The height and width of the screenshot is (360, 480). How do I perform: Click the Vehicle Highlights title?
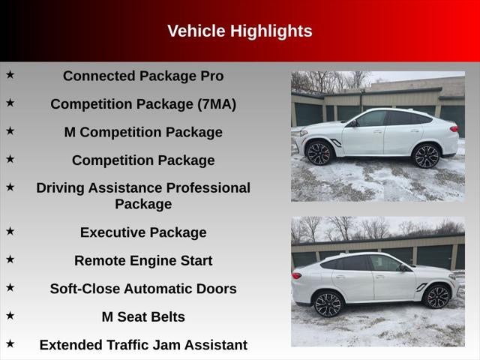coord(239,31)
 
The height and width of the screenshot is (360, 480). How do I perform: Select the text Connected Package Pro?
coord(143,76)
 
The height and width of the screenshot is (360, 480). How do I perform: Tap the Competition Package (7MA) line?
coord(143,104)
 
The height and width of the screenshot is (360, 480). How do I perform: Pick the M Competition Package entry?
coord(143,132)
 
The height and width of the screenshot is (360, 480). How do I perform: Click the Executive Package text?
coord(143,232)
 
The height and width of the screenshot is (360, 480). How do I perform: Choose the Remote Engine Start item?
coord(143,261)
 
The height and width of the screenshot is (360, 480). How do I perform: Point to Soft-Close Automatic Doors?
coord(143,289)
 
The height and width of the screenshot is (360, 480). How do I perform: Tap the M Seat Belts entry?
coord(143,316)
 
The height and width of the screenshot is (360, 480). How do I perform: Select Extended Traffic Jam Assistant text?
coord(143,345)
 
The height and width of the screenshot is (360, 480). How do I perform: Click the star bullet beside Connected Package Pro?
coord(10,74)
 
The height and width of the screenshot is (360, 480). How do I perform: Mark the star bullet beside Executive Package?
coord(10,231)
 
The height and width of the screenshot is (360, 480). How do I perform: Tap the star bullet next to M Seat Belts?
coord(10,315)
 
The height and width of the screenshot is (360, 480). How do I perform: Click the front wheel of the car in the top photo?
coord(318,153)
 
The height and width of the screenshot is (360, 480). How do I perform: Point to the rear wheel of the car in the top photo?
coord(426,156)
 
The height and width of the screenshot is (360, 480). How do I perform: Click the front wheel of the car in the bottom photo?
coord(437,296)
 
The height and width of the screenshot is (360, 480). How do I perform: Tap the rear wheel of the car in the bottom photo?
coord(328,304)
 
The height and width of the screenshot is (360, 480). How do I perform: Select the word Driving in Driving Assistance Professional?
coord(61,187)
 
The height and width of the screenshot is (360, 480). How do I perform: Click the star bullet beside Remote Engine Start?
coord(10,259)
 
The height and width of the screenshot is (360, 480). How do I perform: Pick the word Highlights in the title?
coord(271,31)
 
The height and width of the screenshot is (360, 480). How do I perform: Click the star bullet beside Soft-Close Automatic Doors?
coord(10,287)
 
